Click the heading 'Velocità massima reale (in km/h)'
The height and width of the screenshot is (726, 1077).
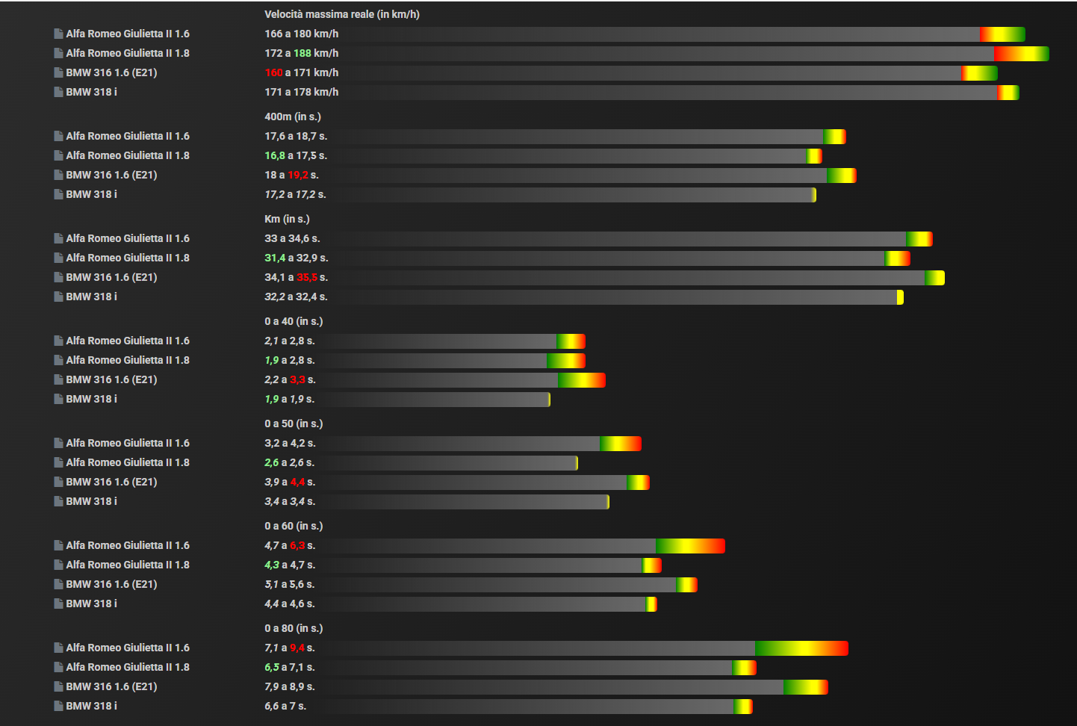click(x=341, y=14)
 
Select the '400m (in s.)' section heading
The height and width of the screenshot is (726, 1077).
click(x=292, y=117)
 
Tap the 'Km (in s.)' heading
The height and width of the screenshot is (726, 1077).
click(x=287, y=219)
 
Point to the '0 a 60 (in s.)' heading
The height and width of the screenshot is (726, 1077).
click(x=294, y=526)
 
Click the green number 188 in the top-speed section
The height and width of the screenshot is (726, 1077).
click(x=302, y=53)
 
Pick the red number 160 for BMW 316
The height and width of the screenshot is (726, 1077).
click(x=273, y=72)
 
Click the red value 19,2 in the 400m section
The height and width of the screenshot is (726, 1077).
click(x=298, y=175)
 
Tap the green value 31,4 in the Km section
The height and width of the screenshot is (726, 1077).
click(x=275, y=258)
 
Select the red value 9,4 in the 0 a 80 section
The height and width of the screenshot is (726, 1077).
click(x=297, y=648)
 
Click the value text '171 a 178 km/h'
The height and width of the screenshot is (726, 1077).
click(x=301, y=92)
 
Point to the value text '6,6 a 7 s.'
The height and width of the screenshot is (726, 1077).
click(x=285, y=706)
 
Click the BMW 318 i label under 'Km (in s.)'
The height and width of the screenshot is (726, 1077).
click(x=91, y=297)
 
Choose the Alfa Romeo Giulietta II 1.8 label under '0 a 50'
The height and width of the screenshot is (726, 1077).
click(x=127, y=462)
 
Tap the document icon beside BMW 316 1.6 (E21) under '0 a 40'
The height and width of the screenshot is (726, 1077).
click(x=58, y=379)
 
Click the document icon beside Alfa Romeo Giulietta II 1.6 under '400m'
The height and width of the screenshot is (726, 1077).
click(x=58, y=136)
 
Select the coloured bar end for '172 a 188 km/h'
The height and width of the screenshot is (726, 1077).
click(x=1021, y=54)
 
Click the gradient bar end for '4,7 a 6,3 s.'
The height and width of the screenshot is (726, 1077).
click(x=690, y=546)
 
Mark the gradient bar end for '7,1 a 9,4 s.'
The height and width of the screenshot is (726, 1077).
click(x=801, y=648)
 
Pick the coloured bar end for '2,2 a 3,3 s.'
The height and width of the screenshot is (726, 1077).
click(x=582, y=380)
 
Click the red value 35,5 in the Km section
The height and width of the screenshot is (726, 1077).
click(x=307, y=277)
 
